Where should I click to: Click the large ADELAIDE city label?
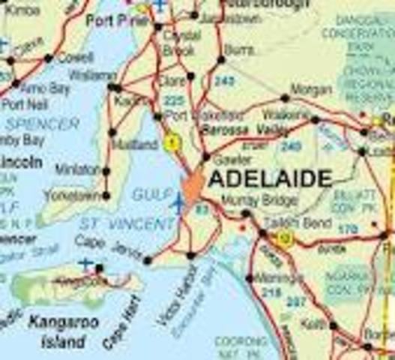[270, 178]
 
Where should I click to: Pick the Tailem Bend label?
[289, 223]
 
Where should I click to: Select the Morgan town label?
[311, 89]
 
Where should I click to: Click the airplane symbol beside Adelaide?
[179, 202]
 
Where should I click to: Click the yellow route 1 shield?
[172, 141]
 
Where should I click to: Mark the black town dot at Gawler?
[206, 157]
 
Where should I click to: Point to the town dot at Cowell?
[49, 58]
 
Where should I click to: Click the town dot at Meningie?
[250, 277]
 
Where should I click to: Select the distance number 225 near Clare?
[173, 100]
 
